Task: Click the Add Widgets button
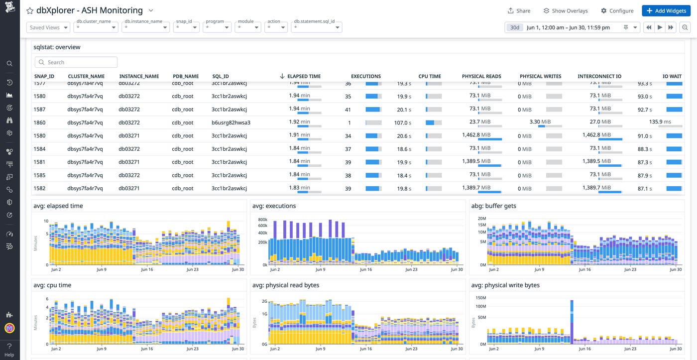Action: point(666,10)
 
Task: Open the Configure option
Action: point(617,10)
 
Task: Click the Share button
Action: point(519,10)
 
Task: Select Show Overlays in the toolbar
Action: point(565,10)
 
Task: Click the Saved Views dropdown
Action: point(48,28)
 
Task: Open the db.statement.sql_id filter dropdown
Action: point(317,28)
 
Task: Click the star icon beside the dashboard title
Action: point(30,10)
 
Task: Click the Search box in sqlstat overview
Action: point(76,62)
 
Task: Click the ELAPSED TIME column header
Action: point(303,76)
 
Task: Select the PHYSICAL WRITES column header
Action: point(540,76)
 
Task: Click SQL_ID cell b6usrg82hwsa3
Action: point(231,122)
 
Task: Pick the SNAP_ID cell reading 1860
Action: point(39,122)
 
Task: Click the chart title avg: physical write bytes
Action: point(505,285)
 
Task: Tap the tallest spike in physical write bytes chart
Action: point(572,319)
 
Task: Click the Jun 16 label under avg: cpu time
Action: point(147,349)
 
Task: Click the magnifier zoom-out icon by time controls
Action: point(685,28)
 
